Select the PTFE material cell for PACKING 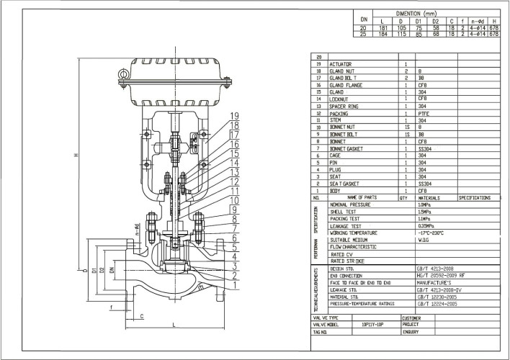[425, 114]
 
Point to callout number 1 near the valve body [234, 285]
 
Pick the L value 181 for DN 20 [383, 27]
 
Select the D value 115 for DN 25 [402, 33]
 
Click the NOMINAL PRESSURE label [350, 205]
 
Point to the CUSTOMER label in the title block [411, 318]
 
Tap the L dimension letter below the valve [176, 326]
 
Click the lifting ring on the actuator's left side [125, 75]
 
